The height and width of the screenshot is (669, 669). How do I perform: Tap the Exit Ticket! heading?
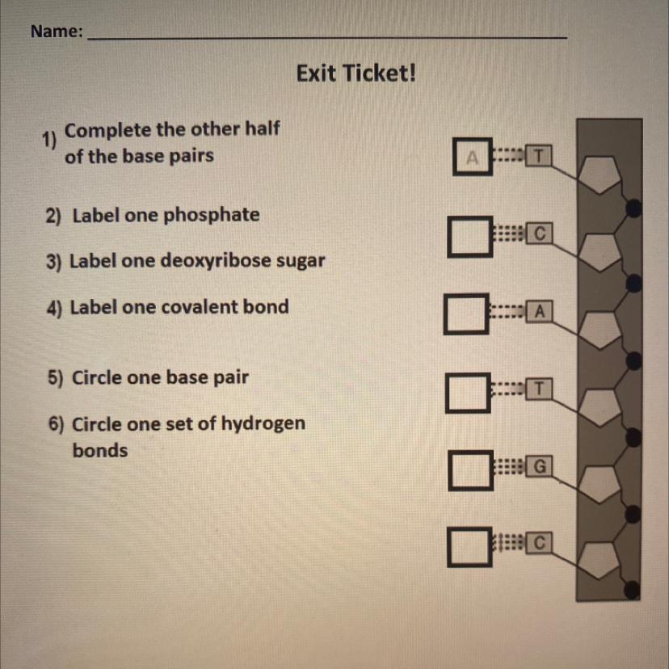356,73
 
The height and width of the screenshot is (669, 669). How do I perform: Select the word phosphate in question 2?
211,215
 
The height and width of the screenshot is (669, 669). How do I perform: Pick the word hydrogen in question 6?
263,424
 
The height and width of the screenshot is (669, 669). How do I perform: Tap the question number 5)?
55,377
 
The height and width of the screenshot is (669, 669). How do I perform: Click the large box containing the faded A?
473,157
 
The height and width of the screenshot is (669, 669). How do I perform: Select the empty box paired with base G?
470,470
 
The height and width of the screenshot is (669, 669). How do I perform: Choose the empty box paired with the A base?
466,313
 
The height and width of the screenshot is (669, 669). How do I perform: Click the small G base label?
539,466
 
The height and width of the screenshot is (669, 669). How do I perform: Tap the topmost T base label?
538,156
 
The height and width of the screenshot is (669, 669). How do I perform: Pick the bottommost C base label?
539,543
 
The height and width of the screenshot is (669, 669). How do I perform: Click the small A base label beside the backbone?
539,311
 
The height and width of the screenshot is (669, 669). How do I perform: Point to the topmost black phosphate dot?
633,208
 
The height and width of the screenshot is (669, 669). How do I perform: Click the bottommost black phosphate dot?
632,590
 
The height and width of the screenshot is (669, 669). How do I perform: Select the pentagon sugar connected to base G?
600,484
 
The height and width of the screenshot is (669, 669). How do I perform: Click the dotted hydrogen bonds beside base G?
510,467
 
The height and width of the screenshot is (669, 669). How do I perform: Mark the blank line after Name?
327,39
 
